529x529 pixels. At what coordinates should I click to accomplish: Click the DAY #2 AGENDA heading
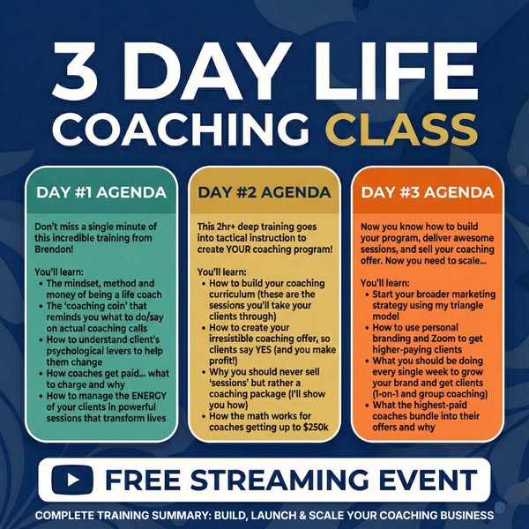click(264, 192)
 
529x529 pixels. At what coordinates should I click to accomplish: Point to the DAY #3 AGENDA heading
click(428, 193)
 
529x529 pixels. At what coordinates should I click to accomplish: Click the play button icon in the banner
click(73, 481)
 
